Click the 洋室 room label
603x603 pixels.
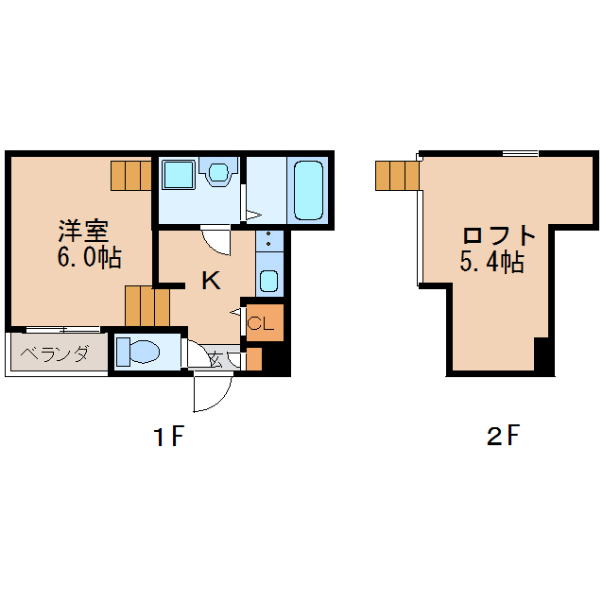pos(83,231)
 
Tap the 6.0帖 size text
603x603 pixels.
pos(89,258)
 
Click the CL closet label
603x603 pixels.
pos(261,324)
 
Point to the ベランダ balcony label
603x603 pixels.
pos(54,355)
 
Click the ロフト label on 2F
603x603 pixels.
pos(499,235)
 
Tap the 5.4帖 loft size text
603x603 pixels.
pos(491,263)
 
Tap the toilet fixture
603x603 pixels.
pos(140,352)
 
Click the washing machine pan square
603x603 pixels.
pos(179,175)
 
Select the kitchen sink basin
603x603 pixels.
pos(268,281)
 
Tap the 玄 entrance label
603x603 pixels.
pos(215,358)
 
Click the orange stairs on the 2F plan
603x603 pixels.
pos(397,175)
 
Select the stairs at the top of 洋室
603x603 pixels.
pos(131,175)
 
